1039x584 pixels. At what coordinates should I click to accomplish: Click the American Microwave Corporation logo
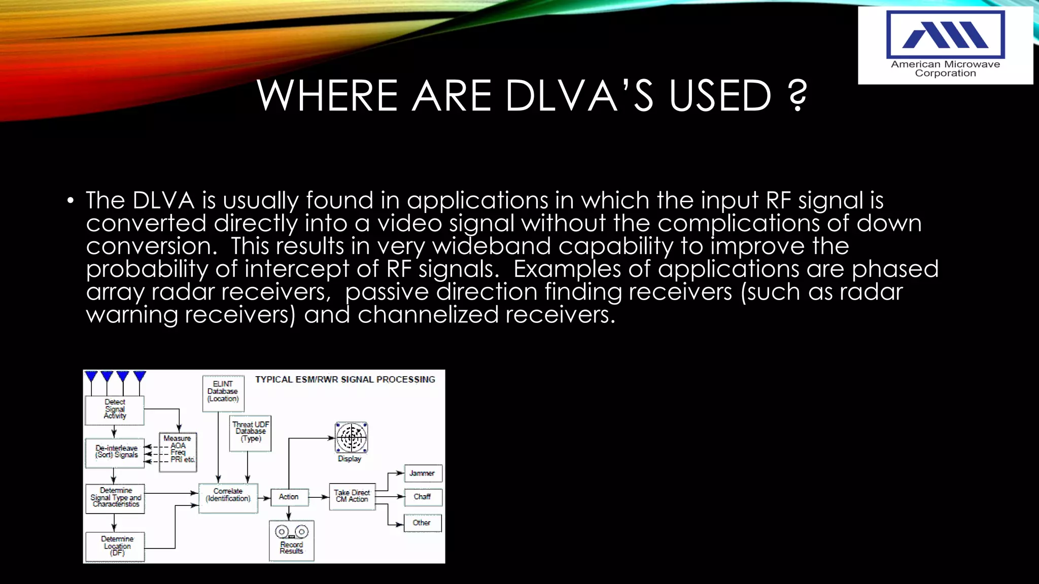pos(945,45)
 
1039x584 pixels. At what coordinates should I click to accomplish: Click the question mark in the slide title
pos(798,95)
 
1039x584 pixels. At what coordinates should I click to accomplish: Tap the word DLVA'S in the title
pos(579,95)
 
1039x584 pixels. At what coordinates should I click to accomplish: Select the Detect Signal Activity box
pos(115,410)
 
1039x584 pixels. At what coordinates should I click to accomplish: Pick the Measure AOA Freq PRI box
pos(178,452)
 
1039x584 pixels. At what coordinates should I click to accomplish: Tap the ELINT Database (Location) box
pos(223,392)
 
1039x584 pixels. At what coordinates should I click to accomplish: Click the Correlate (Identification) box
pos(228,497)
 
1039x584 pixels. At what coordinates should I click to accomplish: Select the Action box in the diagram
pos(289,497)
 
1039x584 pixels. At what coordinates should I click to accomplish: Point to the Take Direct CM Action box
pos(352,496)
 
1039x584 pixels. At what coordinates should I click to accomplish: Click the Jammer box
pos(422,473)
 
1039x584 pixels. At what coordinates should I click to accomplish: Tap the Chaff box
pos(422,497)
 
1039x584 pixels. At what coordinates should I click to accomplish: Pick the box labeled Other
pos(422,523)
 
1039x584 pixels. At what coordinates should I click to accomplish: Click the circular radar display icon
pos(351,437)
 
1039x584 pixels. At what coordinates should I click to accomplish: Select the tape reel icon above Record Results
pos(291,531)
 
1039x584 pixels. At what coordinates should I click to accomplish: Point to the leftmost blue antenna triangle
pos(91,377)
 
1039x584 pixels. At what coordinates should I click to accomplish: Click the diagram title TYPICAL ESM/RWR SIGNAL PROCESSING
pos(345,379)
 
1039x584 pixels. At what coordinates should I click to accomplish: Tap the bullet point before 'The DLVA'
pos(71,201)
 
